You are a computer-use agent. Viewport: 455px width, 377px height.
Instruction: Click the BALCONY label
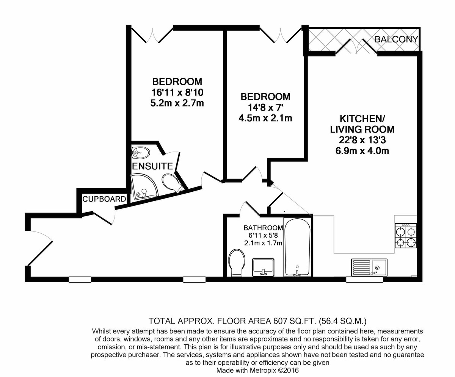point(396,39)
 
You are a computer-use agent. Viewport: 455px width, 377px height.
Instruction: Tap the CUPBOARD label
point(104,199)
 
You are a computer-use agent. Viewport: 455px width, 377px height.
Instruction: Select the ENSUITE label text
point(152,166)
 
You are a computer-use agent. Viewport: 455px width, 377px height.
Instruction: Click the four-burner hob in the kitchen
point(406,236)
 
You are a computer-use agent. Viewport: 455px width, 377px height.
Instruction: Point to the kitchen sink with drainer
point(369,267)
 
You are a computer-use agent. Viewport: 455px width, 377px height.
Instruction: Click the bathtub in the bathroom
point(297,247)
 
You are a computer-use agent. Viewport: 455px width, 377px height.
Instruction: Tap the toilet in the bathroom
point(237,263)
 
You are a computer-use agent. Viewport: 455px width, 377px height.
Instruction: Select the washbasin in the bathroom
point(263,267)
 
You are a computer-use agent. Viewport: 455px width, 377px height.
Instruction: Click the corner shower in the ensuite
point(144,186)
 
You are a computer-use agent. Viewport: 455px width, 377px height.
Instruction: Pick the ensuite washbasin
point(141,152)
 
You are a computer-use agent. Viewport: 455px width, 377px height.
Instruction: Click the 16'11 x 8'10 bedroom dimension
point(177,92)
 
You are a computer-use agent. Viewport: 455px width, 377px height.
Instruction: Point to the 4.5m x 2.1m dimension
point(265,118)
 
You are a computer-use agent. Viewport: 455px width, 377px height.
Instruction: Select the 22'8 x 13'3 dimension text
point(362,140)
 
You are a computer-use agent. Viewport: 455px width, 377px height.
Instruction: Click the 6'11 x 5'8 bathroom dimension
point(263,235)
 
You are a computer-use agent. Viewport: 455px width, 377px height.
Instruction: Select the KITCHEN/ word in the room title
point(362,119)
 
